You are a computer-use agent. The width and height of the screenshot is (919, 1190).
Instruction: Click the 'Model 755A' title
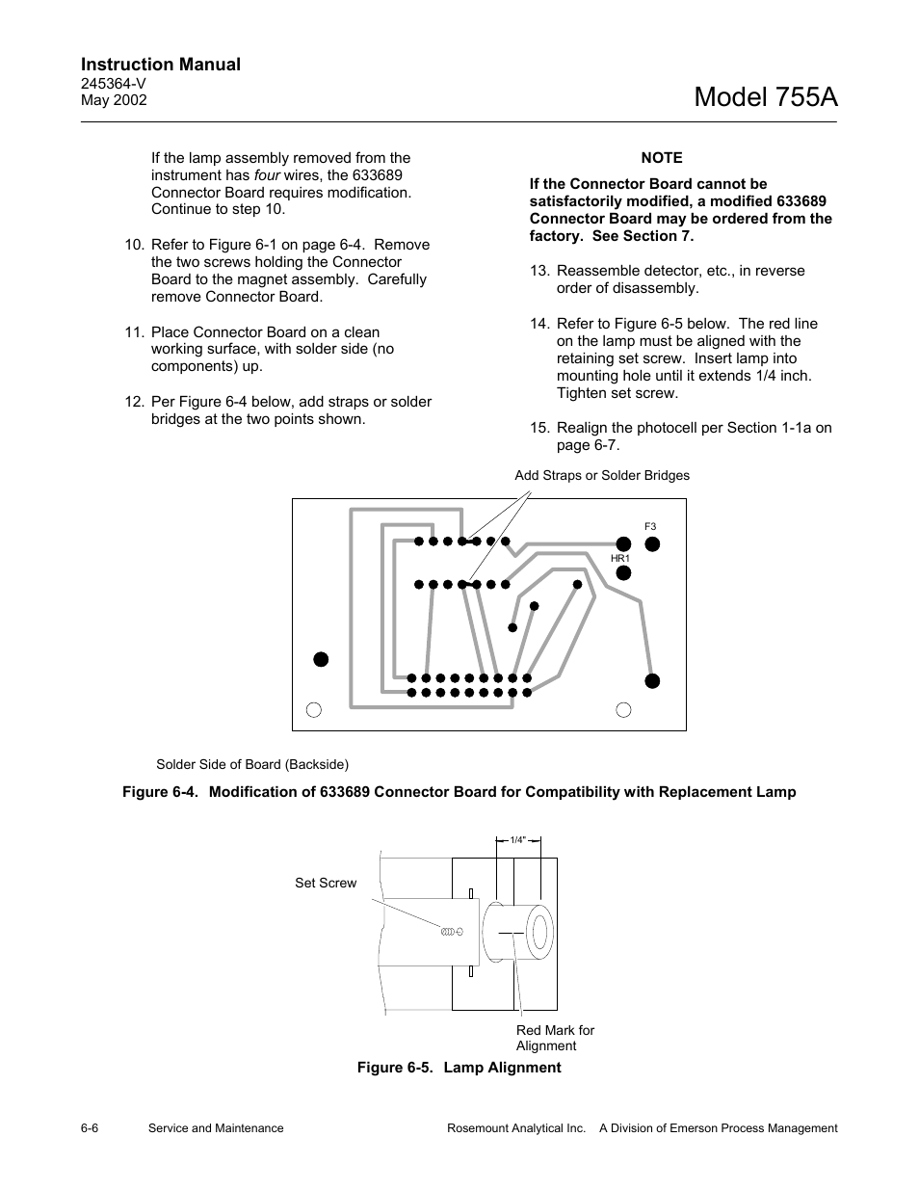[x=765, y=97]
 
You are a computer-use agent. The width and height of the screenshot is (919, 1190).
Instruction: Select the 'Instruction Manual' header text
[x=161, y=65]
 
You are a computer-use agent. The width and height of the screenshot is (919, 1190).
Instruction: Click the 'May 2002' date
[x=114, y=100]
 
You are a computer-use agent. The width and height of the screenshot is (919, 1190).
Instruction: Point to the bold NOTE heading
[x=661, y=158]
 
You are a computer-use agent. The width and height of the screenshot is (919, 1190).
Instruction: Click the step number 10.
[x=134, y=245]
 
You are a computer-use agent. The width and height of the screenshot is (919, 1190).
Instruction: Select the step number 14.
[x=538, y=324]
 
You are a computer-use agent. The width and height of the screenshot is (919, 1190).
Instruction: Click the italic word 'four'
[x=267, y=175]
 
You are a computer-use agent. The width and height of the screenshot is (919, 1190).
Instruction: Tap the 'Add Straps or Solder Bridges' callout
[x=602, y=475]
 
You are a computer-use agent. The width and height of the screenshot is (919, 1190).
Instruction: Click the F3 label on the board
[x=650, y=526]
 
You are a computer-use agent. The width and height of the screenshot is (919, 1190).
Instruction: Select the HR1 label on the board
[x=619, y=558]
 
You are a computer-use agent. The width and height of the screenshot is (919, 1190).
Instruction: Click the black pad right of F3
[x=652, y=543]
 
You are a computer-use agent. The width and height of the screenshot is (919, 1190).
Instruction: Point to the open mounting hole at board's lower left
[x=313, y=710]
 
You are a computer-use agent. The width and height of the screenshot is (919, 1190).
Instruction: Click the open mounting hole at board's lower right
[x=623, y=710]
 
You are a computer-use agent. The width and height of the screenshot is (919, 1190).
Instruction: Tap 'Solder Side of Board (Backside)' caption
[x=252, y=764]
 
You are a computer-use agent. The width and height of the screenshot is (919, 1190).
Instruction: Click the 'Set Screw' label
[x=326, y=883]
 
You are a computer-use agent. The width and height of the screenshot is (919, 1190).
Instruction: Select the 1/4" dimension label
[x=518, y=840]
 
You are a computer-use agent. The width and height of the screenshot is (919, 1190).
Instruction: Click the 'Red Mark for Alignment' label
[x=555, y=1038]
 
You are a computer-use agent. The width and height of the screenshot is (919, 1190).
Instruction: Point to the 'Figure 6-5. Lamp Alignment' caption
[x=459, y=1068]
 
